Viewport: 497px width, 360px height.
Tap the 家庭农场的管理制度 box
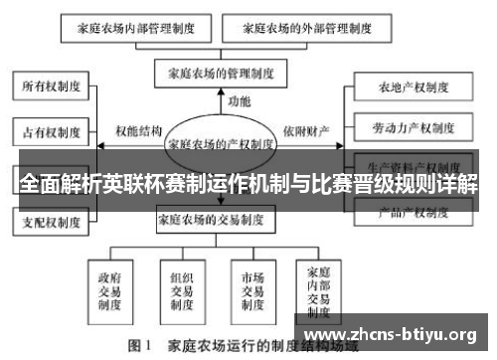click(220, 73)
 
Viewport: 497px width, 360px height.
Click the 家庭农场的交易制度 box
click(221, 219)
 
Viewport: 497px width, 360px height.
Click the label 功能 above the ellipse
click(239, 101)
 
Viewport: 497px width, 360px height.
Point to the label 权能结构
click(138, 130)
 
